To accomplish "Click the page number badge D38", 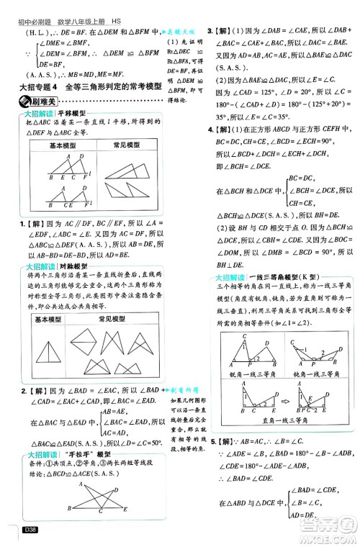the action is [x=30, y=531].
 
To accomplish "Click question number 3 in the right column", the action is [x=210, y=31].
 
